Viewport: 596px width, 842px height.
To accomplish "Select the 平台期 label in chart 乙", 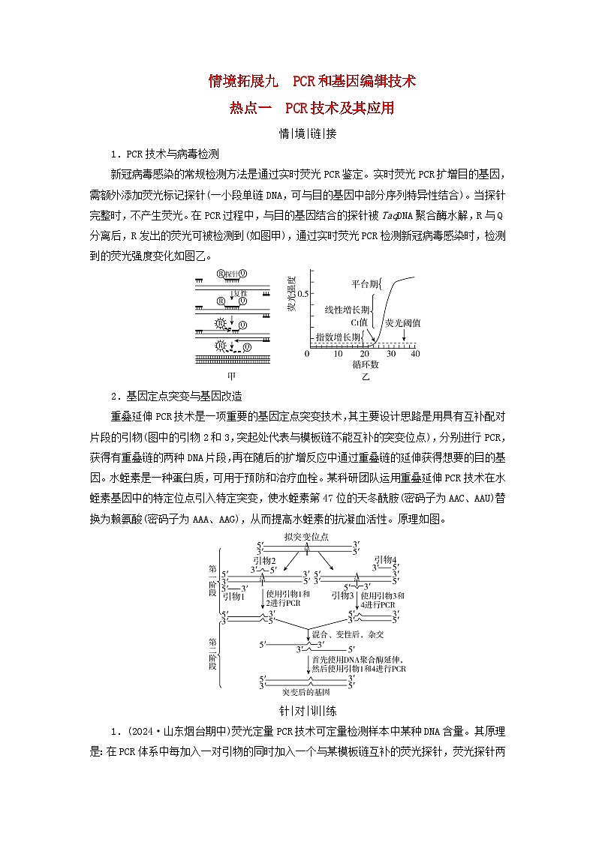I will pos(366,284).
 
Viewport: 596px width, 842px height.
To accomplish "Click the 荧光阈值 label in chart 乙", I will pos(403,322).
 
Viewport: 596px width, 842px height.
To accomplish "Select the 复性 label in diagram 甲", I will pos(240,294).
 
